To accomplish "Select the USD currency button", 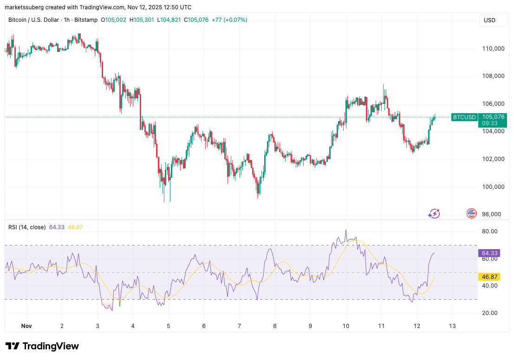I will tap(490, 20).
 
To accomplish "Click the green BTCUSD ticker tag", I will tap(464, 117).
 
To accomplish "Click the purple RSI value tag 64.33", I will tap(490, 253).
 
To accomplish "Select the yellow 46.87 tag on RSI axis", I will tap(490, 276).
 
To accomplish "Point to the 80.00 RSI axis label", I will tap(490, 231).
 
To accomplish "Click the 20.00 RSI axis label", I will tap(490, 313).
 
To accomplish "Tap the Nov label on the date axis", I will tap(26, 326).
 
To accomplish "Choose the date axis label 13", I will tap(452, 326).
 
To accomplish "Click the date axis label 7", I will tap(239, 326).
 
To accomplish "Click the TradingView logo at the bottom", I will tap(42, 346).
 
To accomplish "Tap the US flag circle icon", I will tap(471, 213).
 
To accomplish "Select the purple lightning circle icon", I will tap(434, 213).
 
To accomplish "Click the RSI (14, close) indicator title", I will tap(27, 227).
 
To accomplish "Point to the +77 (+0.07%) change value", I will tap(229, 20).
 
